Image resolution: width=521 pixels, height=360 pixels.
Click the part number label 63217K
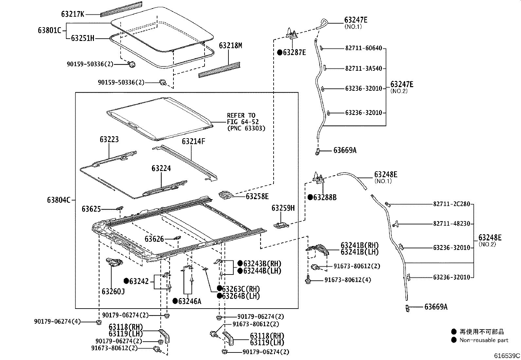click(x=73, y=14)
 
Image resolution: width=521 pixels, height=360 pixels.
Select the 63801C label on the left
click(x=49, y=30)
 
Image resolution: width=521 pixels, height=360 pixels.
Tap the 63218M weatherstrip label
click(x=230, y=46)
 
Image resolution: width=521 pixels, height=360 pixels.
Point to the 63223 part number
click(x=109, y=140)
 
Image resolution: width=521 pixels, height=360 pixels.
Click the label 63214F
click(x=193, y=142)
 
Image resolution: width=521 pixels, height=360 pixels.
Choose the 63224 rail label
click(x=161, y=168)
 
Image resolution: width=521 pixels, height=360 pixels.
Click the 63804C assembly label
click(x=59, y=200)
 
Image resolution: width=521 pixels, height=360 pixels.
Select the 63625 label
click(x=91, y=209)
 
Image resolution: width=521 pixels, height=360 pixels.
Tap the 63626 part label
click(x=154, y=239)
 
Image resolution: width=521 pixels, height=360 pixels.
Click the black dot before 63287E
click(x=280, y=52)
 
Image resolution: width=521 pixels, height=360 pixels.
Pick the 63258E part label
click(x=257, y=196)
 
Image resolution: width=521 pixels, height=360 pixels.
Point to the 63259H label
click(x=283, y=208)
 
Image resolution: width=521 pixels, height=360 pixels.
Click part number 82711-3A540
click(x=364, y=69)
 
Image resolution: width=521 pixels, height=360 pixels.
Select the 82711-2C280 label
click(x=452, y=204)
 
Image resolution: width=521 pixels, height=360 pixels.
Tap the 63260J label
click(x=113, y=291)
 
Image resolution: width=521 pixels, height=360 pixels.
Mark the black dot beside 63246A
click(x=175, y=301)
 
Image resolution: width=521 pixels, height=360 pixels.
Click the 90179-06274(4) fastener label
click(x=57, y=322)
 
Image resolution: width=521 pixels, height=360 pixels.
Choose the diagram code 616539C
click(x=507, y=356)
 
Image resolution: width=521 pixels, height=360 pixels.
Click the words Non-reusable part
click(x=484, y=340)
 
